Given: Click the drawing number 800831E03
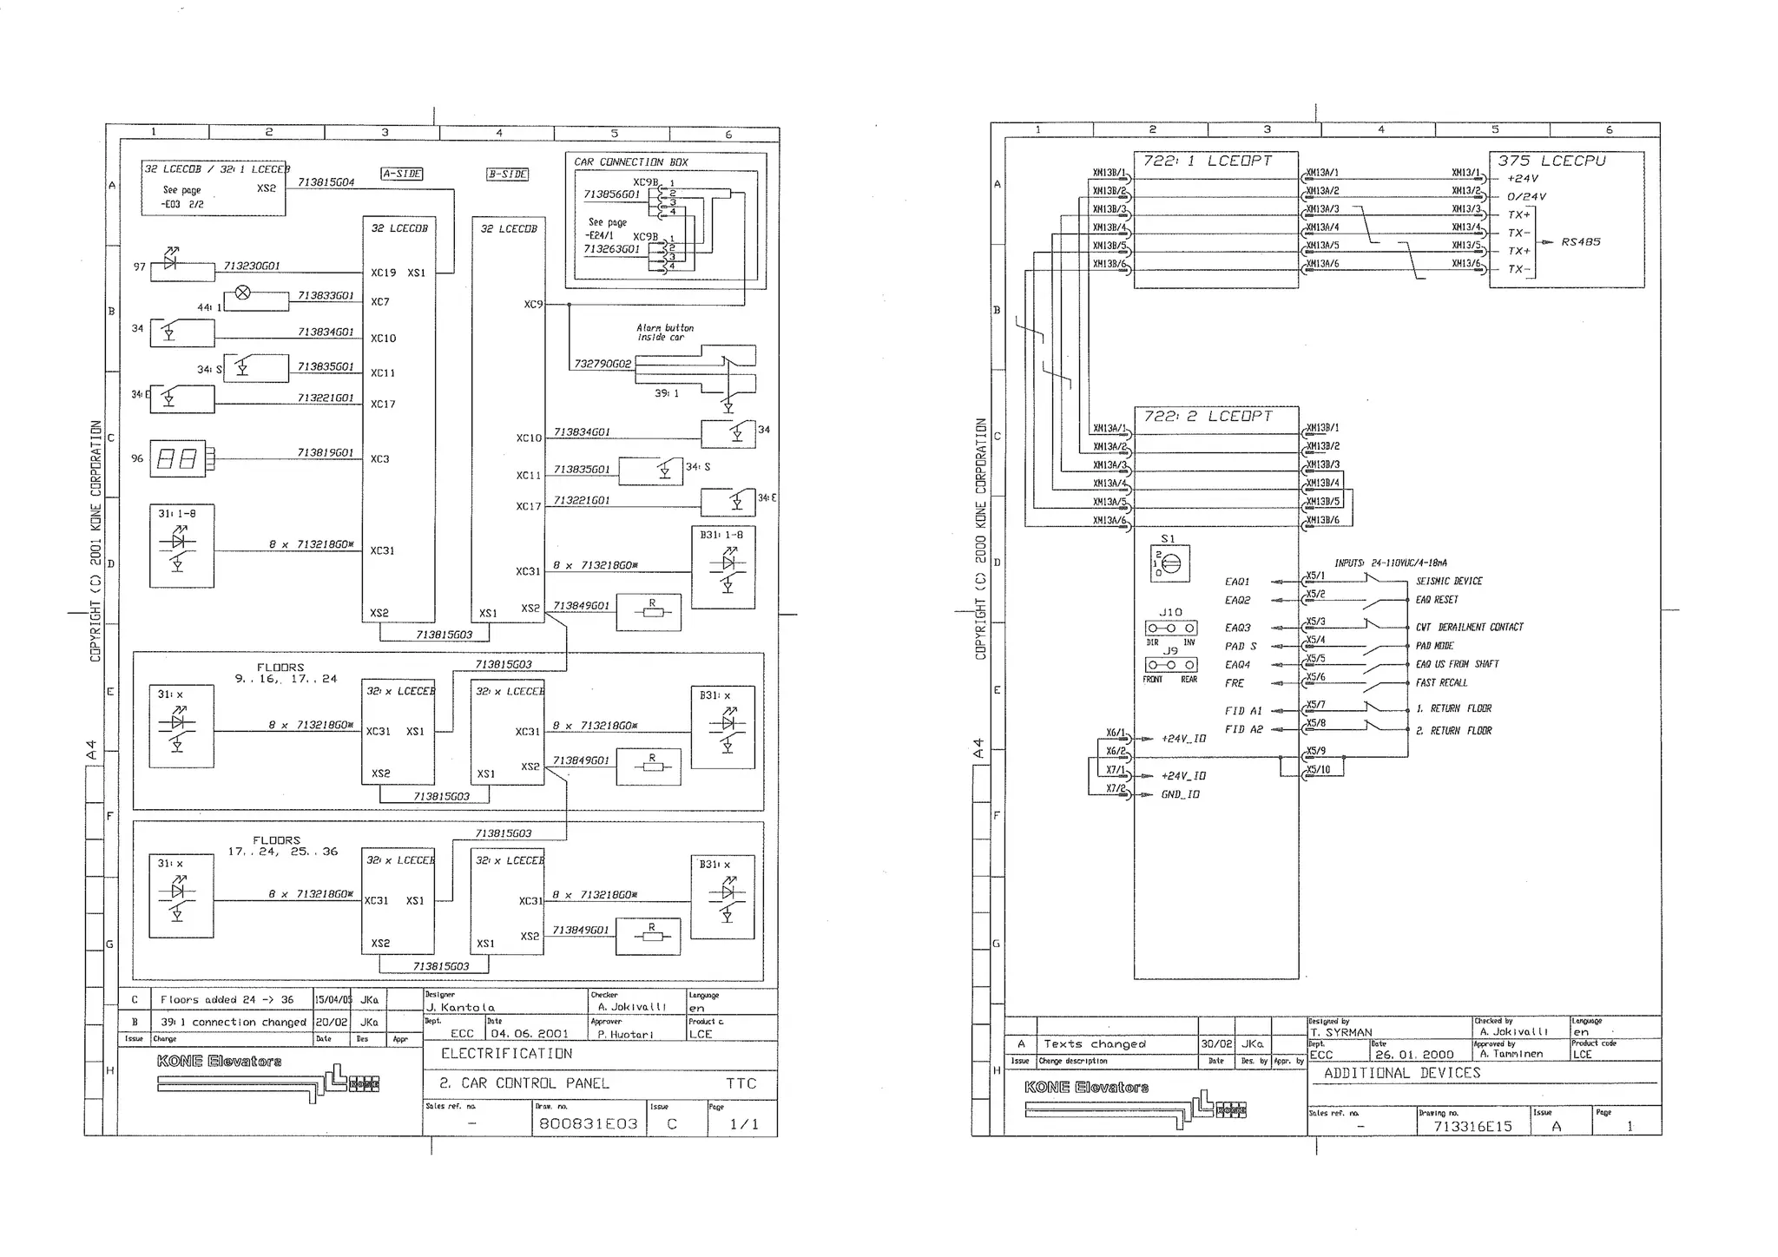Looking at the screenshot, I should [588, 1123].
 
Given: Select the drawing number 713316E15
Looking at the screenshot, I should [1472, 1126].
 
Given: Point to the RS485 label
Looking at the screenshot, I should [1580, 242].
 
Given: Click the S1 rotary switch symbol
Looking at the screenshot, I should [1169, 563].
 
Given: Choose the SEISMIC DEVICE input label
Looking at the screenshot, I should [1449, 582].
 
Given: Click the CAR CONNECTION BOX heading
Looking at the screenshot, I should [630, 162].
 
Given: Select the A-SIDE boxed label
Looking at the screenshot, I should [402, 174].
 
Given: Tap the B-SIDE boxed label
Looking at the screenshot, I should [507, 174].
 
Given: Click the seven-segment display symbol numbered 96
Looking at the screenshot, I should [178, 458].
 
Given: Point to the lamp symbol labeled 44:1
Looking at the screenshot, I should [243, 293].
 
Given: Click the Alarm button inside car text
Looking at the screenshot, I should [665, 332].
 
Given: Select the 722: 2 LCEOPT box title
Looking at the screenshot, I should [1207, 417].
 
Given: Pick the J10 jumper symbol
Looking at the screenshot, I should [1170, 628].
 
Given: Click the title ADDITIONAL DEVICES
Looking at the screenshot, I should [1401, 1073].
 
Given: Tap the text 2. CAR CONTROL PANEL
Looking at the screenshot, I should [524, 1083].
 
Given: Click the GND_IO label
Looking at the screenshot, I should [1180, 795].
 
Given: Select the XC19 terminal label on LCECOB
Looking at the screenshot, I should [383, 273].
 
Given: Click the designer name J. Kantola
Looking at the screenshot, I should [460, 1007].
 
